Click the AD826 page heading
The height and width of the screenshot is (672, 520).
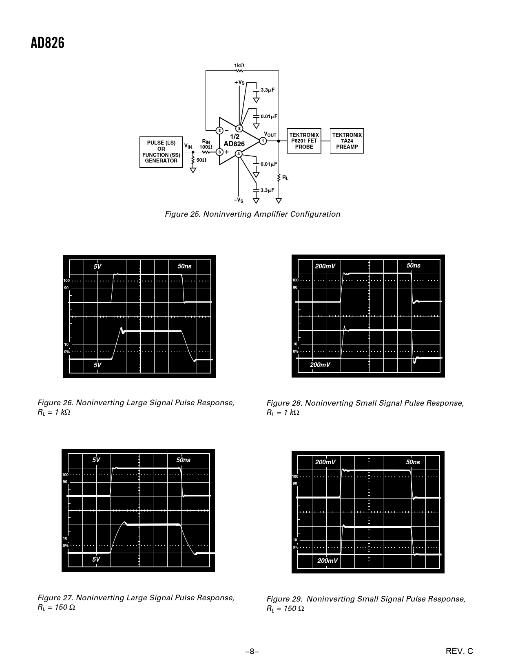coord(47,43)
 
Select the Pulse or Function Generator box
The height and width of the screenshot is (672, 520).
coord(161,152)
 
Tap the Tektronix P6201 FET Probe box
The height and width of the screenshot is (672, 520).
coord(304,141)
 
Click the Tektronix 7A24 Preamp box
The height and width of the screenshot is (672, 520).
coord(347,141)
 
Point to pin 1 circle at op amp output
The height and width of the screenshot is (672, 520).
coord(263,141)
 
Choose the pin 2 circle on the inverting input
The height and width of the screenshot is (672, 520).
coord(219,130)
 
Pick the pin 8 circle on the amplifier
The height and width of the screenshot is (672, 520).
coord(239,128)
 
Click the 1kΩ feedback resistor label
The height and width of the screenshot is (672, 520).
coord(239,66)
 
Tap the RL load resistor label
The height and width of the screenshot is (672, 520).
coord(285,178)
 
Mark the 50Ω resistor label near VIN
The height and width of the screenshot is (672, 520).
coord(201,160)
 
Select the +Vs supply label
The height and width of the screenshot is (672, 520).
coord(239,83)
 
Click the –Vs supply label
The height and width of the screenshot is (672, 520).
coord(239,200)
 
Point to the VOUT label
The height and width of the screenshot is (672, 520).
coord(270,134)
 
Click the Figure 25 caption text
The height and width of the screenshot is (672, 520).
coord(252,214)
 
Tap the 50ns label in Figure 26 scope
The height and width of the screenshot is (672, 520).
coord(185,266)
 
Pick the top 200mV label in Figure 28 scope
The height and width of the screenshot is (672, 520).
coord(325,266)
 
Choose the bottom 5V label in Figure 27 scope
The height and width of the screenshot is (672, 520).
coord(96,559)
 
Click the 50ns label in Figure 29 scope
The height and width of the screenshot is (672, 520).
coord(413,462)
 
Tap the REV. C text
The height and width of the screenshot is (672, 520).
coord(459,651)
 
